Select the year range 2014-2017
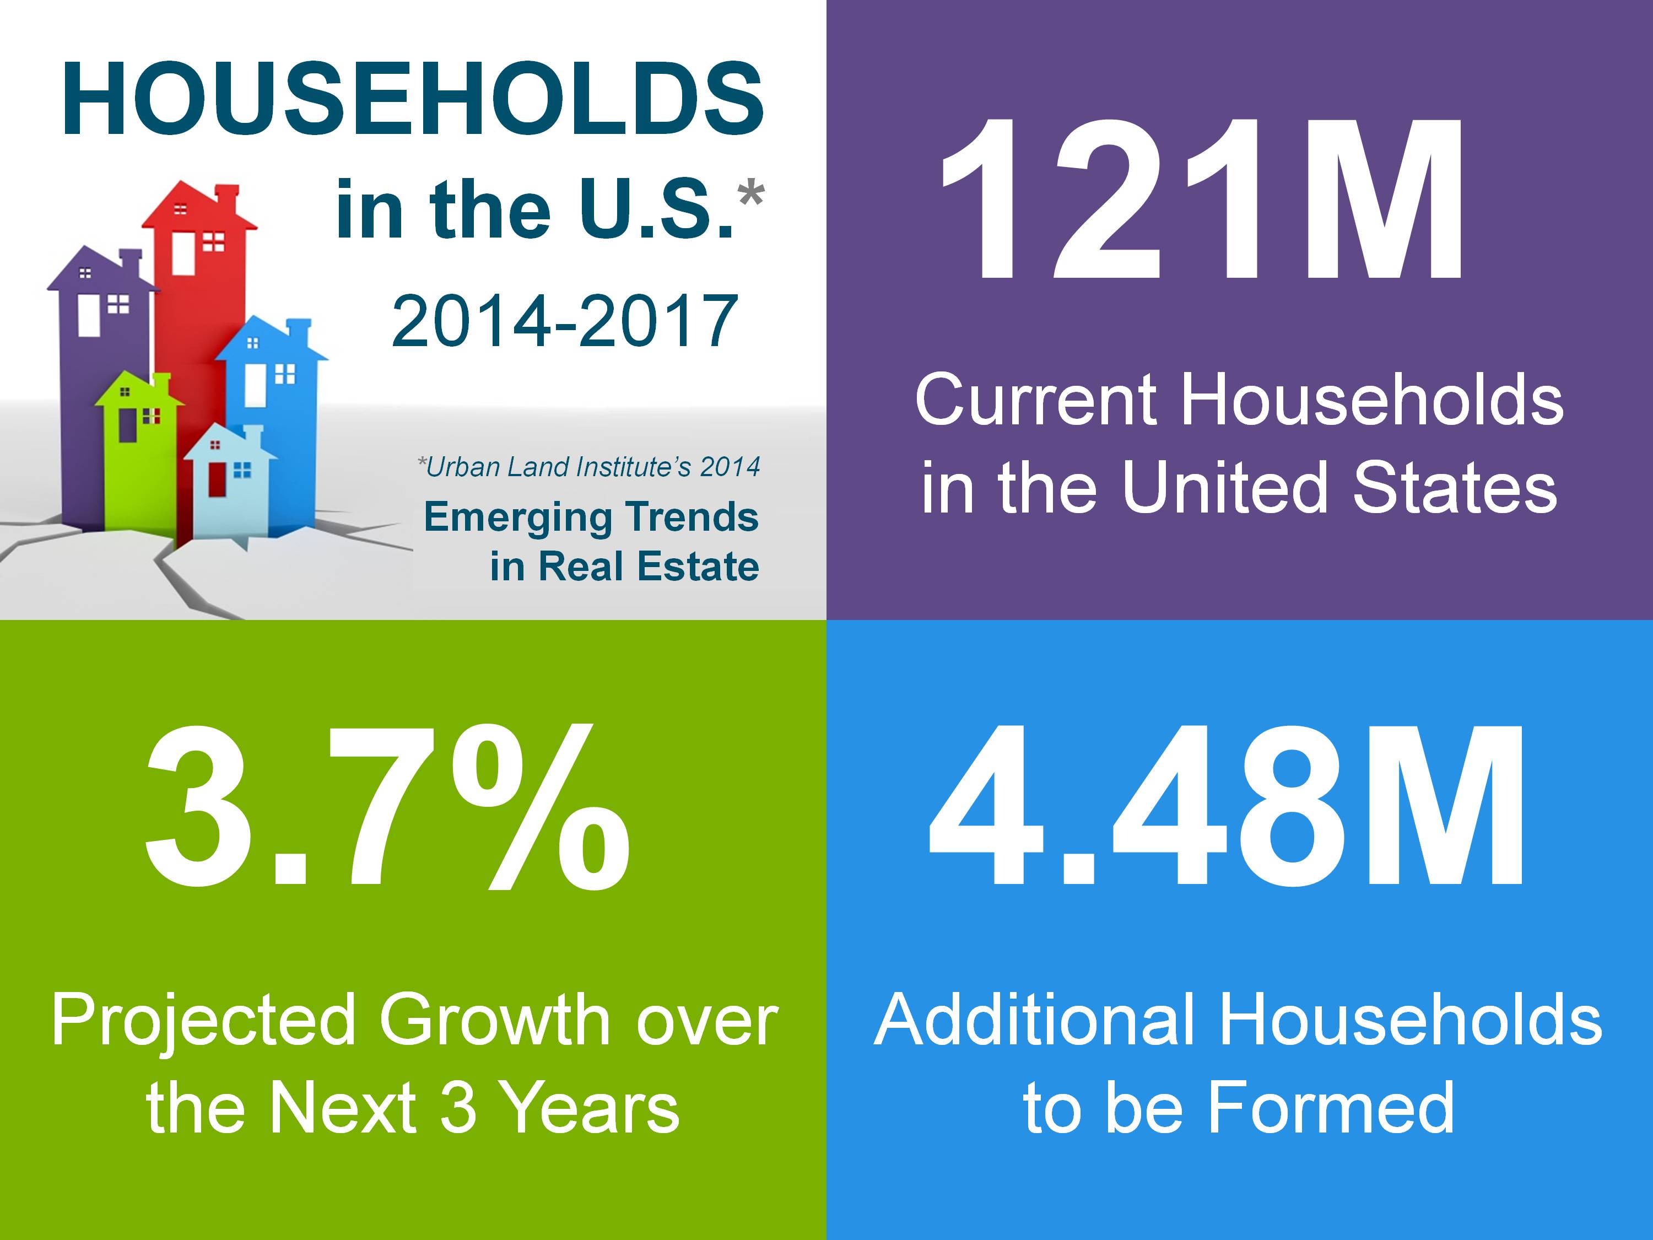pos(565,321)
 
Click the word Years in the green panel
pos(590,1108)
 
